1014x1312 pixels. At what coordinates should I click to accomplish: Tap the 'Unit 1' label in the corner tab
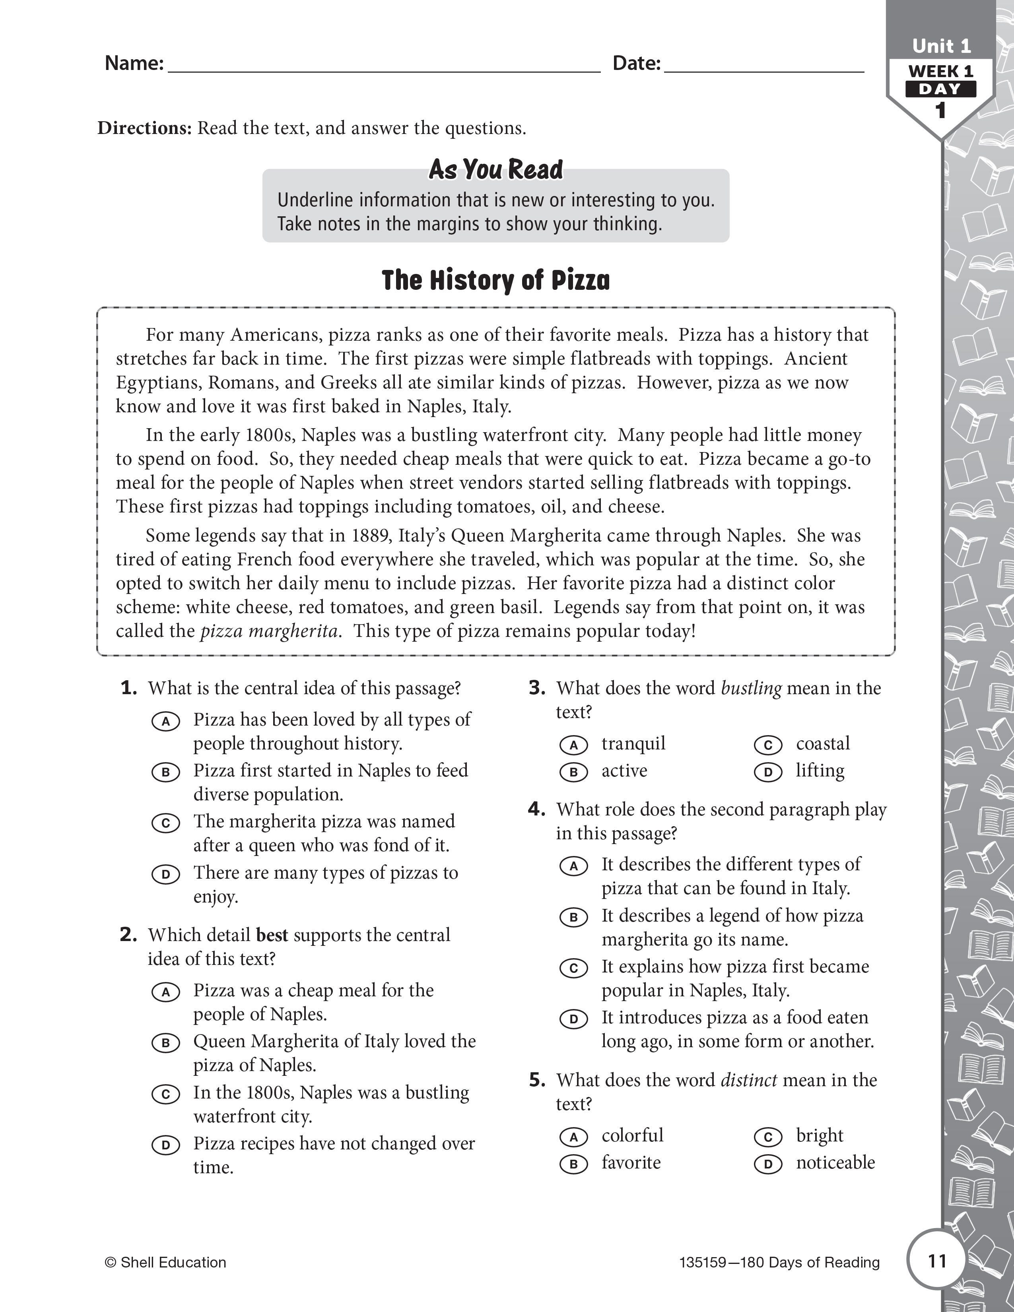click(x=941, y=46)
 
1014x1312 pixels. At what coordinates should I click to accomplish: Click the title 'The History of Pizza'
click(x=495, y=281)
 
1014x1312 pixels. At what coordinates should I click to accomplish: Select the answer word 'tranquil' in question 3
click(x=633, y=744)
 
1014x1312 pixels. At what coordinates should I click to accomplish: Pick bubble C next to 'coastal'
click(x=768, y=745)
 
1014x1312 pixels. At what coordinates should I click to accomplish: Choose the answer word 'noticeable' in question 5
click(x=835, y=1163)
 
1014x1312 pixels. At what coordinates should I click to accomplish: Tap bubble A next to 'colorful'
click(x=574, y=1137)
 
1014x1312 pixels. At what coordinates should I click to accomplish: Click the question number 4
click(x=536, y=809)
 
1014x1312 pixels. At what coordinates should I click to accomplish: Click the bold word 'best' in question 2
click(x=272, y=935)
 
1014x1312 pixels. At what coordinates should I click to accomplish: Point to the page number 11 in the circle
click(x=937, y=1260)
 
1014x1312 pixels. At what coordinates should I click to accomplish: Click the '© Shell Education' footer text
click(x=166, y=1263)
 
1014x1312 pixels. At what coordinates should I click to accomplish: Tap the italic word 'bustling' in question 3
click(x=751, y=689)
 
